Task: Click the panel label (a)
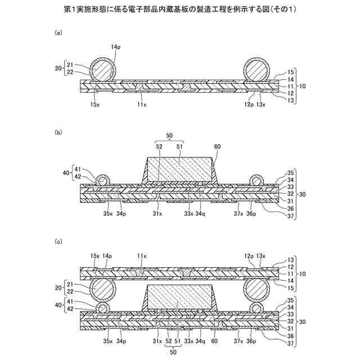coord(57,33)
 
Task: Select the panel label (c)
coord(57,241)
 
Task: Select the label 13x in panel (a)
coord(262,105)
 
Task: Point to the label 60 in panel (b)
coord(218,146)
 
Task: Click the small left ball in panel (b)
coord(103,181)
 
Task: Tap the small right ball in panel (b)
coord(256,181)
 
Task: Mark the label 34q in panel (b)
coord(200,213)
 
